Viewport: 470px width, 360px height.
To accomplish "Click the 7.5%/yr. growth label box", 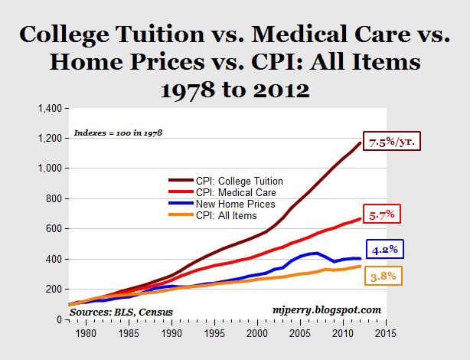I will click(416, 142).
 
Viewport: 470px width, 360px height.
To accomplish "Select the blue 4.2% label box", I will click(383, 249).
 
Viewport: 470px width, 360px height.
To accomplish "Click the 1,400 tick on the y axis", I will click(47, 108).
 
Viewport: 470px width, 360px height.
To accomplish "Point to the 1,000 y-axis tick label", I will click(47, 169).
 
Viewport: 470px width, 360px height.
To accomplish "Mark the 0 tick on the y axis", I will click(58, 319).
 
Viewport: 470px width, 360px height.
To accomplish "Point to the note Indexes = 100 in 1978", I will click(118, 132).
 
